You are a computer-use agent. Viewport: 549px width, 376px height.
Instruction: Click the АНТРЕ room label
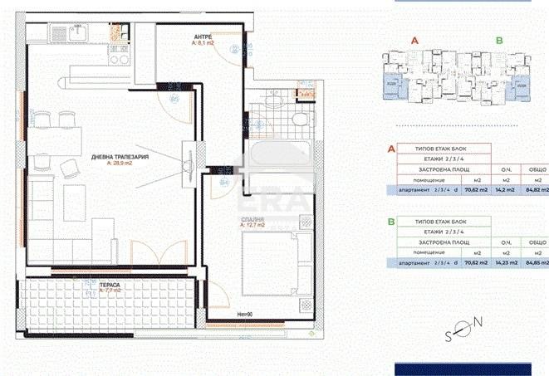(203, 38)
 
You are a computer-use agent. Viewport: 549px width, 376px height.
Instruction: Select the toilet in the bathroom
(297, 123)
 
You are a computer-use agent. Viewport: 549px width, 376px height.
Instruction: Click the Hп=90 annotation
(245, 315)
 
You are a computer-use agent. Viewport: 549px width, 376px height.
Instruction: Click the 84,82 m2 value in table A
(537, 190)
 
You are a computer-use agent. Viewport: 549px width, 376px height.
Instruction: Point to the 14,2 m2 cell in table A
(503, 190)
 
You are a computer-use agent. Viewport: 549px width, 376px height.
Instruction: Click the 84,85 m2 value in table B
(537, 263)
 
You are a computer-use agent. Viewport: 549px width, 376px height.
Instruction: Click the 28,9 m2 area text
(120, 164)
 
